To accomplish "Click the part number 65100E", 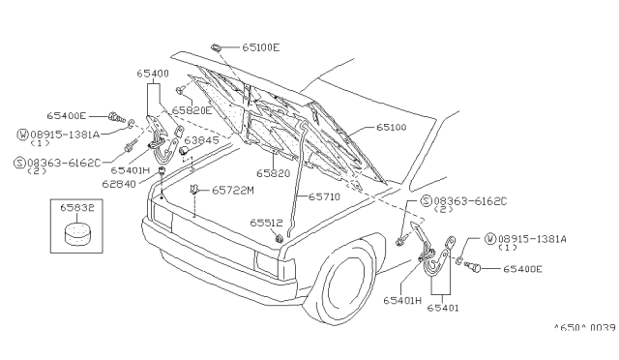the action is (260, 47).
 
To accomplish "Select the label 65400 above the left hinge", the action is (153, 74).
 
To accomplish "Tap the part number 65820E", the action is (192, 110).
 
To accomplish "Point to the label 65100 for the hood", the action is (391, 127).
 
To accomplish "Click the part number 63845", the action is (201, 140).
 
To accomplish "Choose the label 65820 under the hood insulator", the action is (273, 173).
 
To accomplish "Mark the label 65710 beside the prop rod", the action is (324, 196).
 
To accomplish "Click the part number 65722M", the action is (233, 191).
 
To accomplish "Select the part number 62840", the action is (119, 184).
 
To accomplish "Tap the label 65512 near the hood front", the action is (267, 224).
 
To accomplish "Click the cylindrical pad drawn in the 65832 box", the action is (76, 233).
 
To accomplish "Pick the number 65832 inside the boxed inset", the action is (77, 208).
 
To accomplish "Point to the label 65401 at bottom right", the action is (443, 308).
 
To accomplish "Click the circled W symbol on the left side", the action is (23, 135).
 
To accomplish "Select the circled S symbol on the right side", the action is (427, 201).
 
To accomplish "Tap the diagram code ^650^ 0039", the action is (584, 328).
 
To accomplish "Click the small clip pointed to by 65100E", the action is (216, 47).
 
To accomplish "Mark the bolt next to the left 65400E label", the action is (116, 117).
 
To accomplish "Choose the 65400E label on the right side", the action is (522, 269).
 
